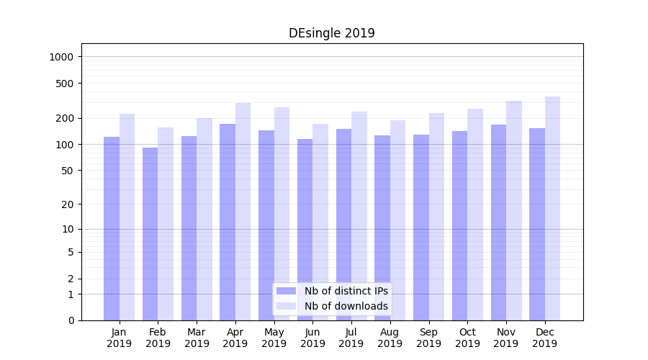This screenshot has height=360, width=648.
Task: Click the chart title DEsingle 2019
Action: [x=331, y=33]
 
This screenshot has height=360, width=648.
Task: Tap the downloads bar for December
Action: [x=552, y=209]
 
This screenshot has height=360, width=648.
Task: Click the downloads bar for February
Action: [x=166, y=224]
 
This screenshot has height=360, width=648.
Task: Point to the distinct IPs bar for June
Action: [x=305, y=230]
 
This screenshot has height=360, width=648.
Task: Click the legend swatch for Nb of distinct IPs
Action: [x=287, y=291]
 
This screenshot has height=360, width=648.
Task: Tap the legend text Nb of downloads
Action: [x=346, y=306]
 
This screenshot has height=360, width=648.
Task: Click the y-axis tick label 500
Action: [x=66, y=84]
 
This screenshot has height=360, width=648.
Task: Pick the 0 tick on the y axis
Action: [x=71, y=320]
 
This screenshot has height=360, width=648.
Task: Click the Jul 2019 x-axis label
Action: [x=351, y=338]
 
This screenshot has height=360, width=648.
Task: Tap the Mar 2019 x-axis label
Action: [x=197, y=338]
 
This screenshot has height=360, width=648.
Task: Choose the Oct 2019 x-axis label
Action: [x=467, y=338]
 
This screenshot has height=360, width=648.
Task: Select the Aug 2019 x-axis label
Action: [x=390, y=338]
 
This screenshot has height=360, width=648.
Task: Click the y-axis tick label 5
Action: [x=71, y=252]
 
